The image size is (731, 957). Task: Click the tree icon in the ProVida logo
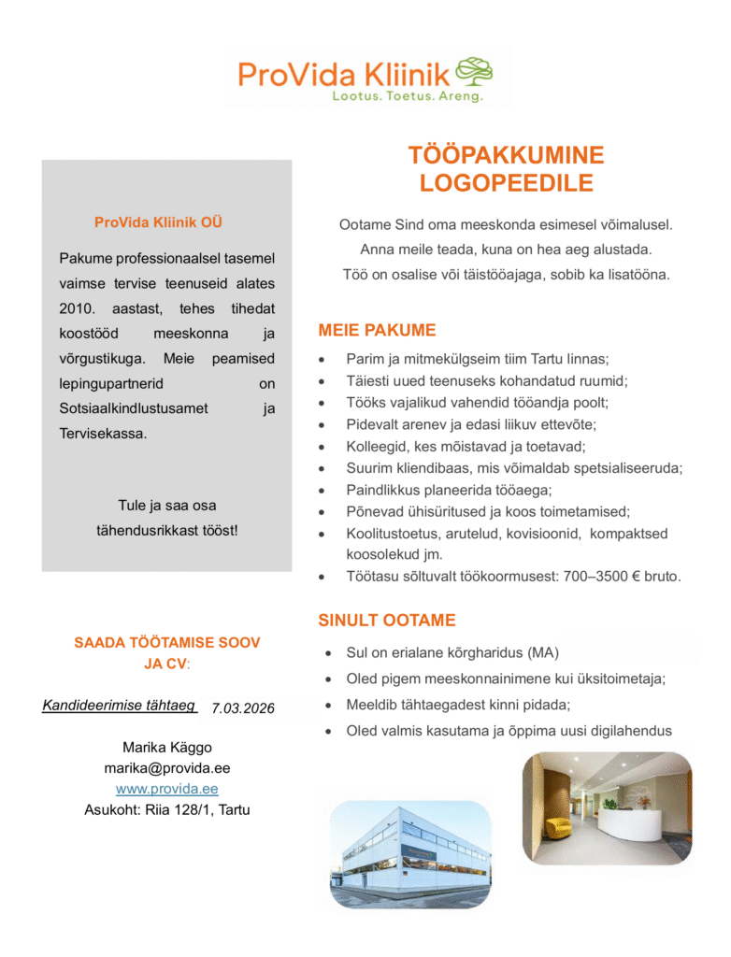click(x=475, y=72)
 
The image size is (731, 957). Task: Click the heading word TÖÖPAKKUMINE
click(x=506, y=155)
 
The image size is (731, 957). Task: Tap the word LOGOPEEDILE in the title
click(x=506, y=182)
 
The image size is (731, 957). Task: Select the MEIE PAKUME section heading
click(x=377, y=330)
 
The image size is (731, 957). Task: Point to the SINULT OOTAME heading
click(x=387, y=620)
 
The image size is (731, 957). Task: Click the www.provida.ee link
click(x=167, y=789)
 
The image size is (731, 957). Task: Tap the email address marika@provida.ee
click(x=167, y=768)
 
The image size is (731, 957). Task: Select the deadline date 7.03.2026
click(x=243, y=708)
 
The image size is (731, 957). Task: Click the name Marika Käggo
click(x=167, y=748)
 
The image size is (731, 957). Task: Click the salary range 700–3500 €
click(x=599, y=577)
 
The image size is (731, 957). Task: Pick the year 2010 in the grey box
click(x=78, y=308)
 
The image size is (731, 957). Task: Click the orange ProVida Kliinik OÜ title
click(x=158, y=222)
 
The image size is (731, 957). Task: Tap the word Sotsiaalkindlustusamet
click(x=134, y=408)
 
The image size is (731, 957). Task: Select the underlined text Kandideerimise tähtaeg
click(x=119, y=706)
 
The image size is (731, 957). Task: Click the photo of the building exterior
click(x=411, y=852)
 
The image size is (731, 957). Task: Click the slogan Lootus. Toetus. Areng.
click(x=408, y=96)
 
